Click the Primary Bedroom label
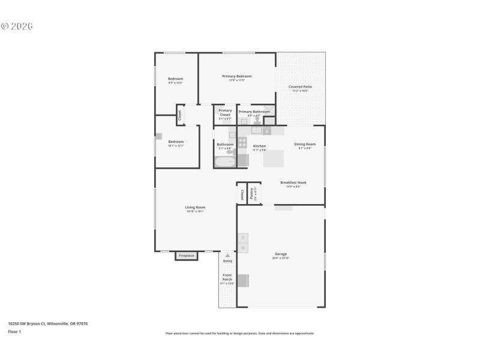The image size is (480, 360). click(x=236, y=76)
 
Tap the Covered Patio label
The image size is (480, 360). click(x=299, y=87)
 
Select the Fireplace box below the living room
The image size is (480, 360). click(x=187, y=256)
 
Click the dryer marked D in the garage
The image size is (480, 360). click(x=243, y=238)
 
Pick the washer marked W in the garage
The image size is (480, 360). click(x=243, y=247)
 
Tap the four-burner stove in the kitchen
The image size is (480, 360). click(x=242, y=143)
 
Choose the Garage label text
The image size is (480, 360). click(x=281, y=254)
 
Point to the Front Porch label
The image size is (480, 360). click(x=227, y=278)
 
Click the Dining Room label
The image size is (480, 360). click(x=304, y=144)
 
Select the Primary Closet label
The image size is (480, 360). click(x=225, y=112)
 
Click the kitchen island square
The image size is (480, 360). click(x=274, y=158)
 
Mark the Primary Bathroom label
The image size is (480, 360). click(x=254, y=112)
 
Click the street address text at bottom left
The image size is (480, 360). click(x=47, y=323)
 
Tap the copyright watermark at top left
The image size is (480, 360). click(x=17, y=26)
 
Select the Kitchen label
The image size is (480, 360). click(x=259, y=146)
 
